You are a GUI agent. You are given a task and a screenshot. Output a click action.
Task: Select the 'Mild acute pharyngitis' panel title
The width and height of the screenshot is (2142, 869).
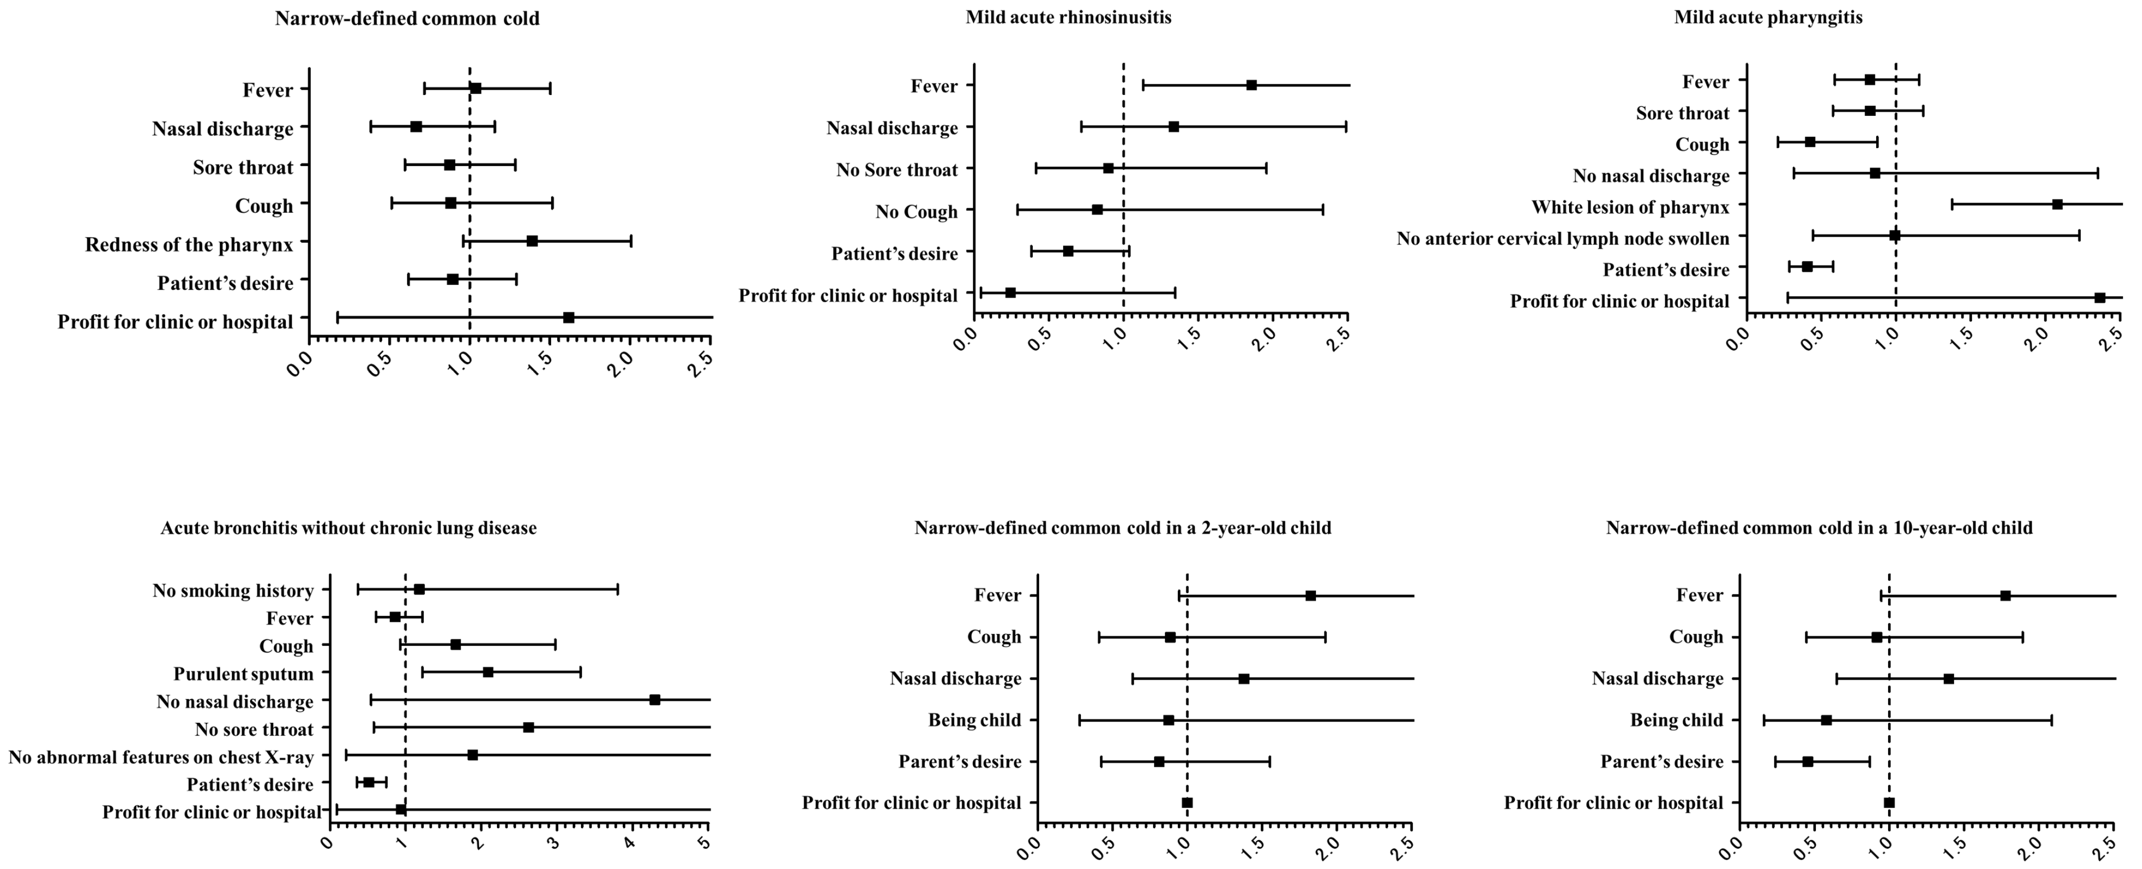(1768, 17)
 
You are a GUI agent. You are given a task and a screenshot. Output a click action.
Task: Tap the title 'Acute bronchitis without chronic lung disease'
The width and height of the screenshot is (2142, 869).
(348, 528)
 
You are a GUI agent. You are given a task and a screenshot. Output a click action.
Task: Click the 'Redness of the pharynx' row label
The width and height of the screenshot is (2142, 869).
(189, 245)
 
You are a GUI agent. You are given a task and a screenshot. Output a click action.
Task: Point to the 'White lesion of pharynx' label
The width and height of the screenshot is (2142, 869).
(1630, 207)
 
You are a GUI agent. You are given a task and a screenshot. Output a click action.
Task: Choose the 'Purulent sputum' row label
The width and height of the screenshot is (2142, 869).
(243, 674)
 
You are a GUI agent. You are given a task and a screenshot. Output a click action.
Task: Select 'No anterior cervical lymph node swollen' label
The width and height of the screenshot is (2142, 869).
(1563, 239)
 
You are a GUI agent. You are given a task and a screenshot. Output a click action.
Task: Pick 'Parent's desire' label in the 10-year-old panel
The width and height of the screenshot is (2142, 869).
(1661, 762)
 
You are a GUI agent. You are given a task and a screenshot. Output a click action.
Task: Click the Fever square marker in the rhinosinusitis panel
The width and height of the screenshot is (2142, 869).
(1251, 85)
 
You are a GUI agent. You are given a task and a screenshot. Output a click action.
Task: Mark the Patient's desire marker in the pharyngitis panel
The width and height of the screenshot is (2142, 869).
(1807, 267)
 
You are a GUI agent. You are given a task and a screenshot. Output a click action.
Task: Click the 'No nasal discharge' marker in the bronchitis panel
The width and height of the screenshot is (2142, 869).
(655, 700)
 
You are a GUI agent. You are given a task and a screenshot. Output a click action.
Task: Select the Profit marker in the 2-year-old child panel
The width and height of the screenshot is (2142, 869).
(1187, 802)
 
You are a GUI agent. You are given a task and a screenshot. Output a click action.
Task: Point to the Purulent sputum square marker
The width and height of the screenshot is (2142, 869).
(488, 672)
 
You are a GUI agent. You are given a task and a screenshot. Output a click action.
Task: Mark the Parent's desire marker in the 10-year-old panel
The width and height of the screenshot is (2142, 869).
(1807, 761)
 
